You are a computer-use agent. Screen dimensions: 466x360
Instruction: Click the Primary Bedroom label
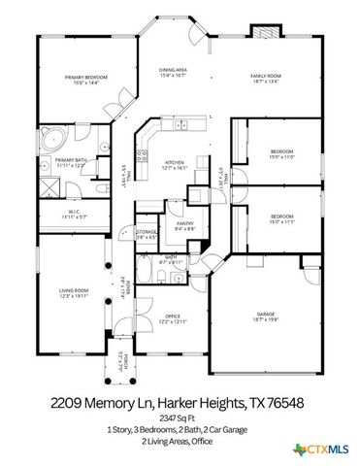click(x=86, y=76)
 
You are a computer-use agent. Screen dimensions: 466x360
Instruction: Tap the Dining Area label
click(x=173, y=70)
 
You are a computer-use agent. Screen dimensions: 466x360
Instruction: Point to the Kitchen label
click(x=174, y=161)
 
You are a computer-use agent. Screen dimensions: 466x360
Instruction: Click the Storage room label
click(x=147, y=232)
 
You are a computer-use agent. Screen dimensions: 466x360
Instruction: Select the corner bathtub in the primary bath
click(x=51, y=139)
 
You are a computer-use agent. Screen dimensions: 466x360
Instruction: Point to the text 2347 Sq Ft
click(x=180, y=417)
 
